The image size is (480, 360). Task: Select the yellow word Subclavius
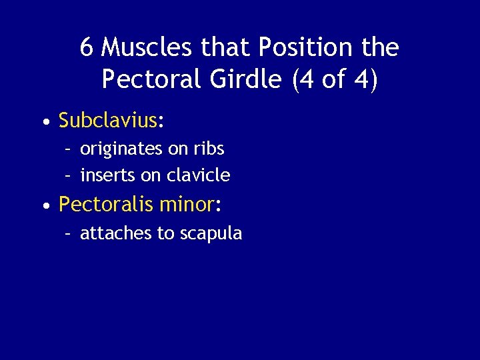coord(107,121)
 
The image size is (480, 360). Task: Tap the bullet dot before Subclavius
coord(44,122)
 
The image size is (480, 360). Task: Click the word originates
coord(121,149)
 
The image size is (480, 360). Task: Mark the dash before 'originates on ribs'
coord(67,149)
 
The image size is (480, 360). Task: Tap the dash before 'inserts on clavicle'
coord(67,176)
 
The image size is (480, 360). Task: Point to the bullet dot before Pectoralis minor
coord(44,206)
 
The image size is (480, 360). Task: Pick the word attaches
coord(109,233)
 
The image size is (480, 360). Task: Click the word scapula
coord(209,234)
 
